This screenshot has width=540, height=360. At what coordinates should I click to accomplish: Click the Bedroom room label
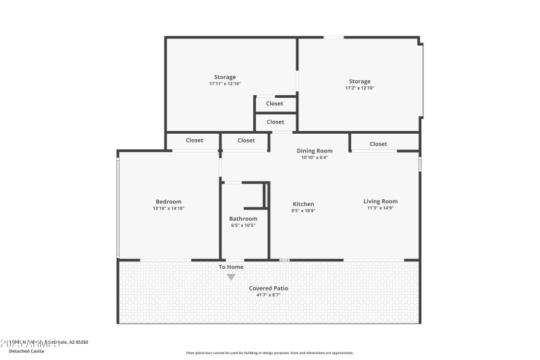point(169,201)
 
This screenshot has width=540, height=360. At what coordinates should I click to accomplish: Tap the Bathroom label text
point(243,218)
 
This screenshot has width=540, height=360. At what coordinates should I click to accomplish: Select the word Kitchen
point(303,204)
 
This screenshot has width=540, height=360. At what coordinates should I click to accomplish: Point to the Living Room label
point(380,201)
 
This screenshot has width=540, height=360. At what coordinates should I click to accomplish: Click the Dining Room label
point(315,151)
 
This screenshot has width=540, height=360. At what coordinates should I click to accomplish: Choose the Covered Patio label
point(269,288)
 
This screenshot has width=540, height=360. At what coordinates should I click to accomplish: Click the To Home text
point(231,267)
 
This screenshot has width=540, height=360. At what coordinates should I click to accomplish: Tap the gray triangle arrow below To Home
point(231,277)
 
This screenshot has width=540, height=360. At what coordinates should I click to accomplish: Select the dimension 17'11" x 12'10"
point(225,84)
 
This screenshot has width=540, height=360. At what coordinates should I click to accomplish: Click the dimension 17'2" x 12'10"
point(360,88)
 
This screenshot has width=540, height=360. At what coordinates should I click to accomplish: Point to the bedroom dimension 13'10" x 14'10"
point(169,209)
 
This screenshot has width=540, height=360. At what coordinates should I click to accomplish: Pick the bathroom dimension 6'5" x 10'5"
point(243,225)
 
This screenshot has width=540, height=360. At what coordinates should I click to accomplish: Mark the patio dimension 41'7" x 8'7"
point(269,295)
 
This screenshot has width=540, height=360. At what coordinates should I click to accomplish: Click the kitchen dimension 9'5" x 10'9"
point(303,211)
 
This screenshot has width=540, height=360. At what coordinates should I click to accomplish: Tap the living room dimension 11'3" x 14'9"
point(380,208)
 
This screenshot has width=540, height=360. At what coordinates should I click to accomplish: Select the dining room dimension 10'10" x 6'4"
point(315,157)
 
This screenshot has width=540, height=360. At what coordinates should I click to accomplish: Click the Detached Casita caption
point(26,351)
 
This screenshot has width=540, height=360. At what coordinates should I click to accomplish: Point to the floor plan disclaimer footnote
point(269,353)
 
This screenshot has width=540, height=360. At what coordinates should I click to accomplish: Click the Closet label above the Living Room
point(378,144)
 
